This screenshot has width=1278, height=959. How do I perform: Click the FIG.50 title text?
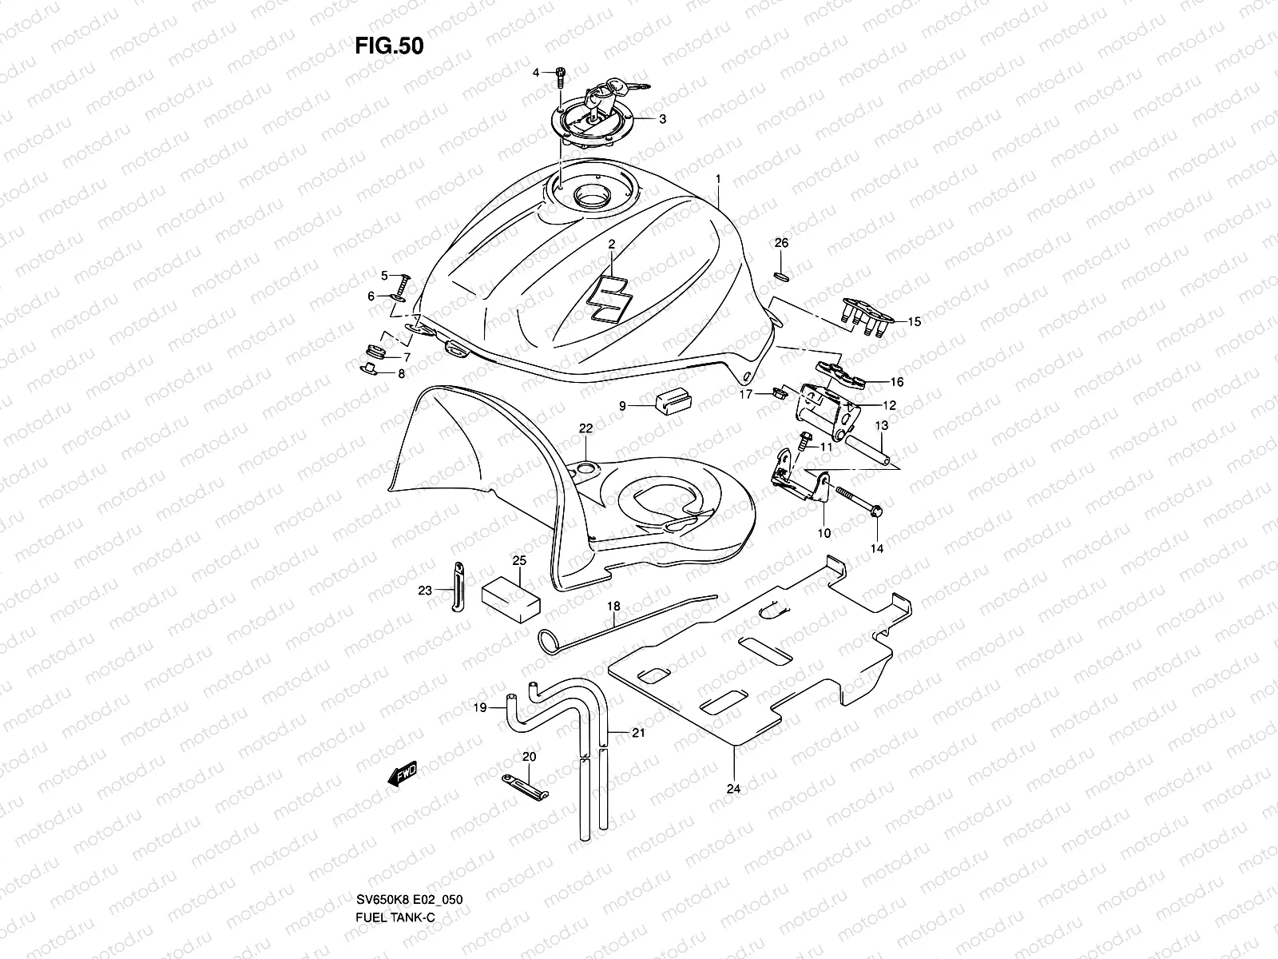pos(389,46)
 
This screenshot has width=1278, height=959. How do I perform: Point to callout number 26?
pos(781,242)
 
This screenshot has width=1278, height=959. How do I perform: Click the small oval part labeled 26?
pos(782,276)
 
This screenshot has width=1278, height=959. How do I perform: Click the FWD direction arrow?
pos(402,775)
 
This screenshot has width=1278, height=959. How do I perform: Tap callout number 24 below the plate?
pos(733,789)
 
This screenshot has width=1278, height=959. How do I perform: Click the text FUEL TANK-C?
pos(395,938)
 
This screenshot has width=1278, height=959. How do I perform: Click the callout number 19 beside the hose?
pos(479,707)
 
